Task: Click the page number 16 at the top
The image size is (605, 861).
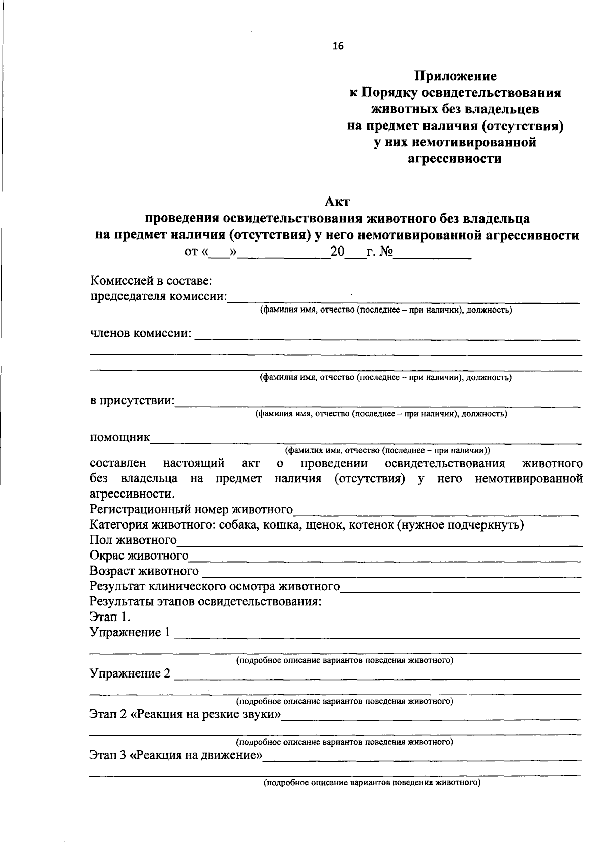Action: tap(338, 46)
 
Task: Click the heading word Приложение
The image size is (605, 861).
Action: tap(455, 76)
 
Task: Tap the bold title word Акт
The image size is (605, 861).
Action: tap(337, 202)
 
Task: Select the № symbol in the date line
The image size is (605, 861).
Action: tap(385, 252)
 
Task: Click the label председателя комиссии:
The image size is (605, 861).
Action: tap(158, 296)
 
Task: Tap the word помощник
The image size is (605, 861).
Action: tap(120, 437)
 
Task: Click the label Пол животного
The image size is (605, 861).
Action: tap(133, 540)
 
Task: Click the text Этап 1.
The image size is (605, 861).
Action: tap(110, 617)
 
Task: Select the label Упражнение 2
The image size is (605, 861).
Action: tap(130, 673)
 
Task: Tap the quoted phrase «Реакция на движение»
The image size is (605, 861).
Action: tap(197, 755)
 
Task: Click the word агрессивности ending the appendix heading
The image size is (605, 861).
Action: tap(454, 159)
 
